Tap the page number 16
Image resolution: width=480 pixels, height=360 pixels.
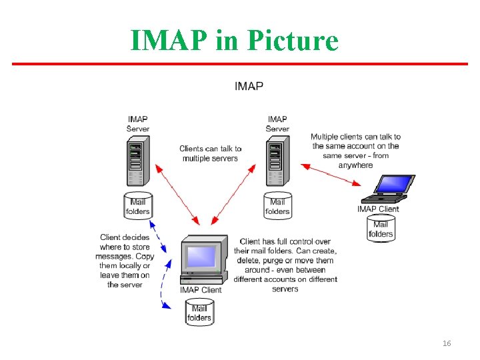coord(447,343)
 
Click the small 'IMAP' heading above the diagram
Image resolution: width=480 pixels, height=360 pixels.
coord(249,85)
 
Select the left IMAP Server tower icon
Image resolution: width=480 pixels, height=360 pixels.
coord(137,161)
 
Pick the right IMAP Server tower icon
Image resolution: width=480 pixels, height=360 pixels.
coord(277,161)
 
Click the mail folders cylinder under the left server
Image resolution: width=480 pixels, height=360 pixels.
coord(138,206)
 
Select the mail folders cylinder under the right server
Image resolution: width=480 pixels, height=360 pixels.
coord(277,206)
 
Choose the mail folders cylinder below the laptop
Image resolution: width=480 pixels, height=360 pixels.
coord(381,229)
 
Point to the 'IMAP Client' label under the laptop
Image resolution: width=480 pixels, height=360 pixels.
coord(378,209)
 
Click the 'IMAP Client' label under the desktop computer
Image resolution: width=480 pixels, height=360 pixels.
coord(201,289)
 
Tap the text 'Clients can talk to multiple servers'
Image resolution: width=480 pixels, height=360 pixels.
coord(210,153)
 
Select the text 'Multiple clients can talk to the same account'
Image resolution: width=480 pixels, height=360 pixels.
coord(355,151)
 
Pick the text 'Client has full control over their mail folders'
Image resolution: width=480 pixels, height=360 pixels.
coord(285,265)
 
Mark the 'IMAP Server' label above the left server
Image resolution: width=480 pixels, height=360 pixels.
coord(138,123)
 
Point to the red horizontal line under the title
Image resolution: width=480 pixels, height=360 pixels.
coord(240,64)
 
